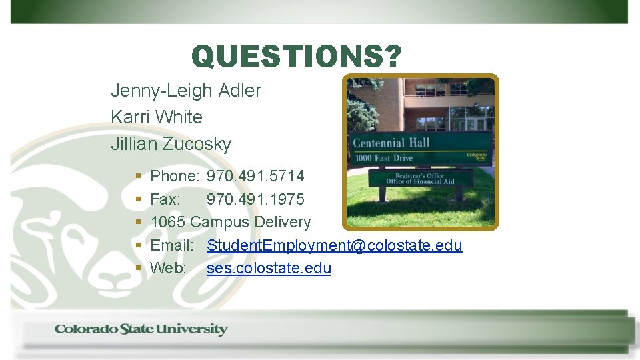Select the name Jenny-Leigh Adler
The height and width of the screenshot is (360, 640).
point(186,91)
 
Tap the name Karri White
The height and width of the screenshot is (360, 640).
point(157,117)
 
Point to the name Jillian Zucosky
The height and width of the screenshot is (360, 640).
point(171,144)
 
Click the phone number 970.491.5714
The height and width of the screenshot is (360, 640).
point(255,177)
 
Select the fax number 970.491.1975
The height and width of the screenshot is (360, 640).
point(255,199)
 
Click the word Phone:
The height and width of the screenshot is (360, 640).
point(175,177)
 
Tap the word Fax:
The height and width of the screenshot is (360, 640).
point(165,199)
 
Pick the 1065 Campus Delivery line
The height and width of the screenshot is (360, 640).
point(231,222)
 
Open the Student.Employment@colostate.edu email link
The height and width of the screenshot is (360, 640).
point(334,245)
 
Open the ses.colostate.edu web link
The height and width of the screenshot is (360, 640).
point(269,268)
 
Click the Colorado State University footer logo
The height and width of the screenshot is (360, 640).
point(141,329)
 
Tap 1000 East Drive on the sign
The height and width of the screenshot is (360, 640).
point(384,159)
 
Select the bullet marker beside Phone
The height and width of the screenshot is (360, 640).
point(138,177)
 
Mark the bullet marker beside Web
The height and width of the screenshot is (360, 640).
point(138,268)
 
